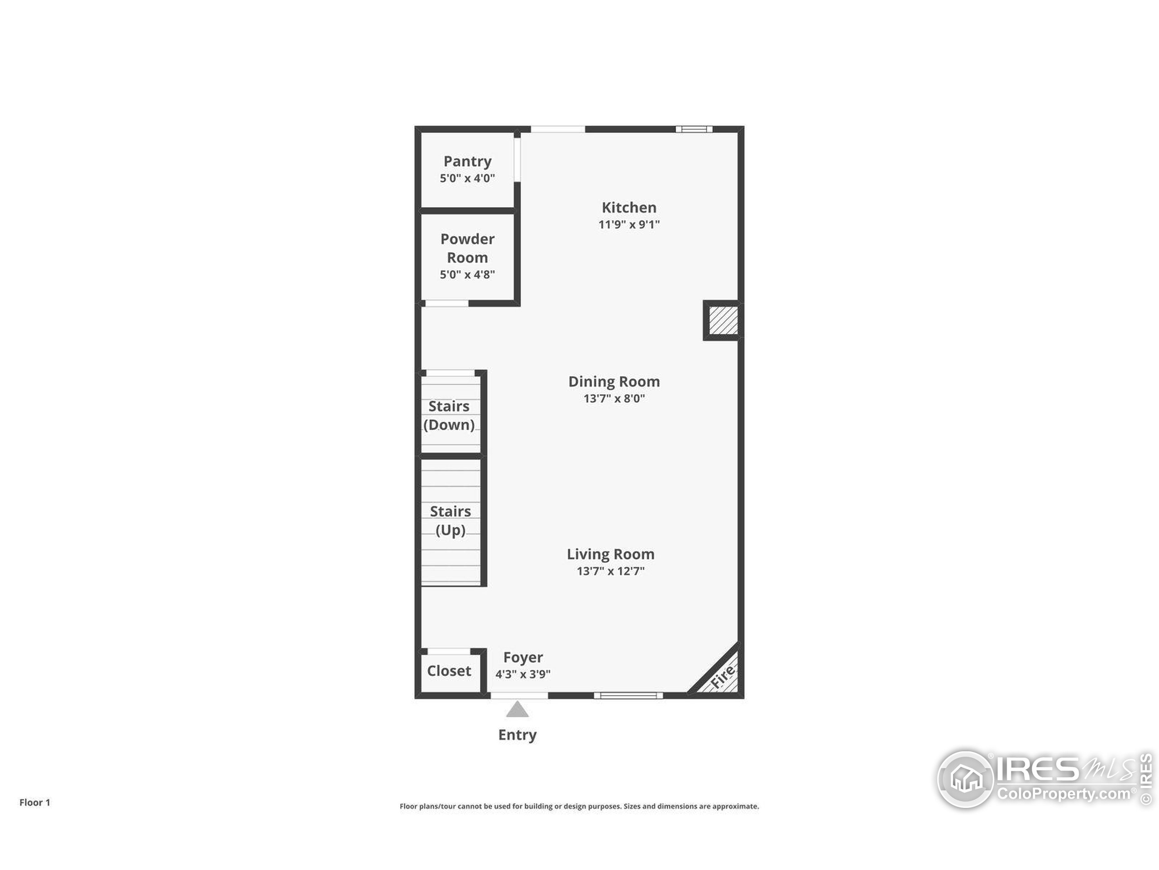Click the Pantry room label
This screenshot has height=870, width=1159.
pyautogui.click(x=467, y=161)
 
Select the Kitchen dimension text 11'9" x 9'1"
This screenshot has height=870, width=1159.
pyautogui.click(x=629, y=224)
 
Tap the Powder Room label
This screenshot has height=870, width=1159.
pyautogui.click(x=467, y=248)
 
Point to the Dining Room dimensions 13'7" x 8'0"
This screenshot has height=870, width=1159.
pyautogui.click(x=614, y=399)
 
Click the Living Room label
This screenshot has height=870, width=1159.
pyautogui.click(x=610, y=554)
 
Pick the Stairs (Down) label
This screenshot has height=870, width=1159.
pyautogui.click(x=449, y=416)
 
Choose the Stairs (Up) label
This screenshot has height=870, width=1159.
pyautogui.click(x=450, y=521)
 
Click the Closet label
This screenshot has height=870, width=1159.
pyautogui.click(x=449, y=671)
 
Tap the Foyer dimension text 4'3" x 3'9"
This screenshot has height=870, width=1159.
pyautogui.click(x=523, y=674)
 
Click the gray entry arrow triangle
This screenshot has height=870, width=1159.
pyautogui.click(x=517, y=710)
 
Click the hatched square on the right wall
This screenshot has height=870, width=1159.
pyautogui.click(x=723, y=320)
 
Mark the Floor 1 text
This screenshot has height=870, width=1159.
pyautogui.click(x=34, y=802)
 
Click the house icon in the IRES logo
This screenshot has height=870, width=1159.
pyautogui.click(x=966, y=779)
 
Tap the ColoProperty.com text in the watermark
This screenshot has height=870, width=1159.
pyautogui.click(x=1063, y=794)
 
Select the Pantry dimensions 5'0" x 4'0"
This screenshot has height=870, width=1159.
pyautogui.click(x=467, y=178)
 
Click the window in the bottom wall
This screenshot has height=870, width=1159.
pyautogui.click(x=628, y=696)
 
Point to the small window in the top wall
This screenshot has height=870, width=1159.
pyautogui.click(x=694, y=129)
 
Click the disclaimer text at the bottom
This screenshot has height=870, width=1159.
pyautogui.click(x=579, y=807)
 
